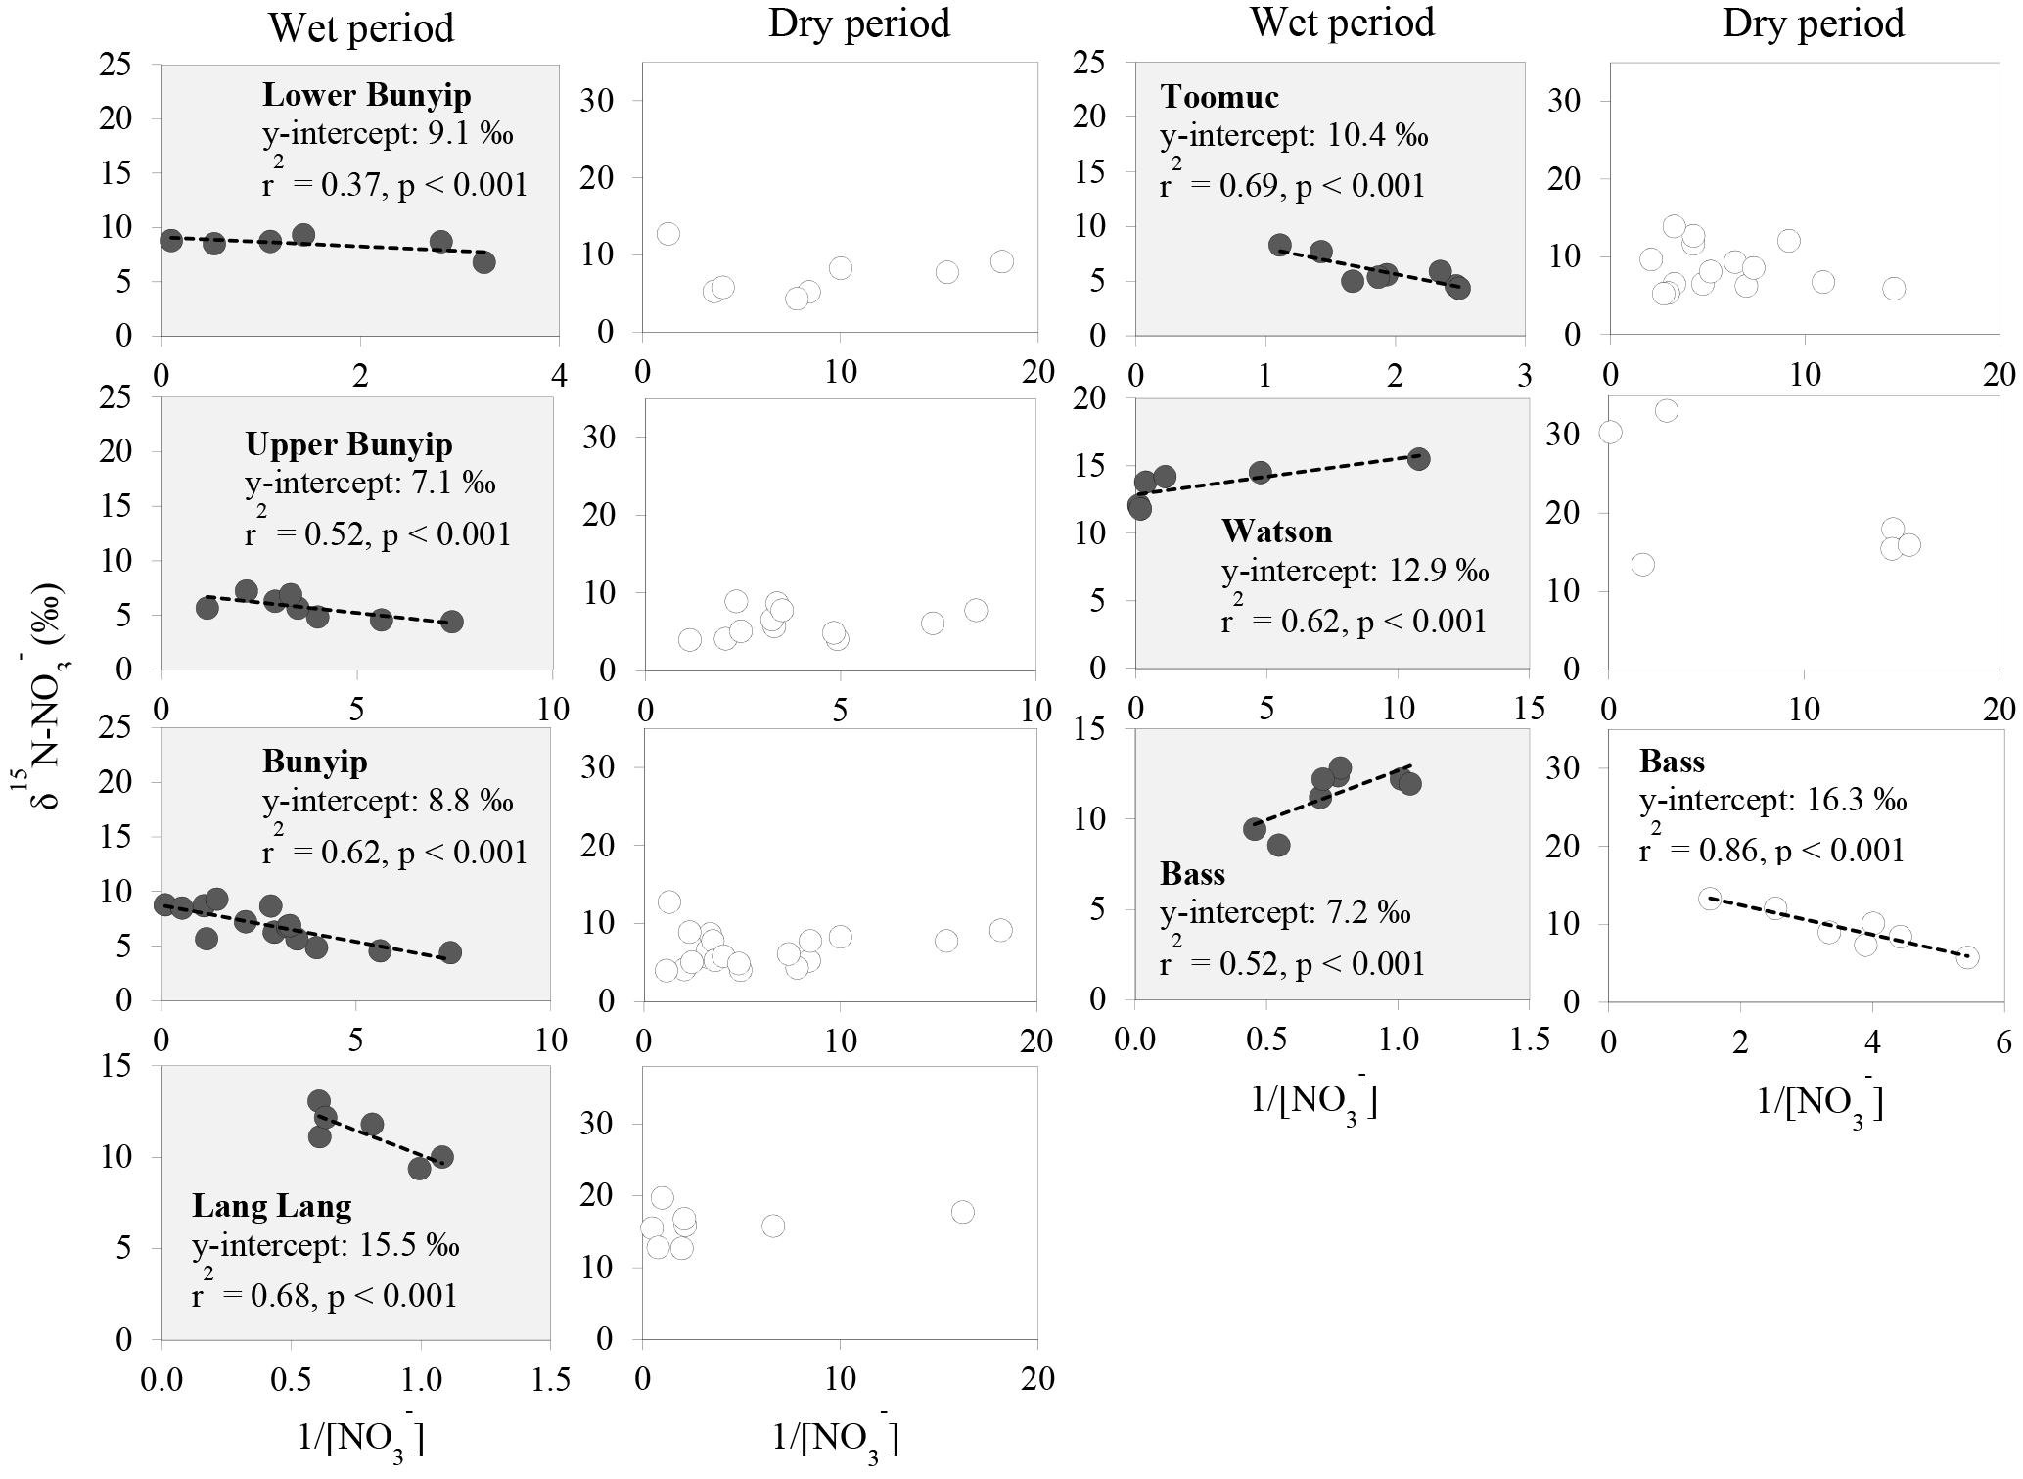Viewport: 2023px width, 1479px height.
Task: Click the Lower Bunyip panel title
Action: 366,95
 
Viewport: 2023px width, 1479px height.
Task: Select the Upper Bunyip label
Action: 348,444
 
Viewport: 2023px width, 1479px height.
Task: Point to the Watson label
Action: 1276,532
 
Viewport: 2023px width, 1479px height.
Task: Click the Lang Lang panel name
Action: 271,1206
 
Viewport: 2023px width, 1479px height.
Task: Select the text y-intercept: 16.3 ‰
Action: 1772,801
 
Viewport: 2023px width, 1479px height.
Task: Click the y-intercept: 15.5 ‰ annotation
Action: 325,1246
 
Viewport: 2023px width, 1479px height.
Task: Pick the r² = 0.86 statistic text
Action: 1772,850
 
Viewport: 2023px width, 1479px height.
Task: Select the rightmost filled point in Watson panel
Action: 1418,459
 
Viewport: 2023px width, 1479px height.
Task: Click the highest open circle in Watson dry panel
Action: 1666,411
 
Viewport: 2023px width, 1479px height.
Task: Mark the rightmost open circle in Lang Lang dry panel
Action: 962,1212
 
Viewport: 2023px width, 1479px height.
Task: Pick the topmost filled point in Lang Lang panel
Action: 319,1101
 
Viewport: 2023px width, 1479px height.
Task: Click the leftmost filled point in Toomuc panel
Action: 1279,245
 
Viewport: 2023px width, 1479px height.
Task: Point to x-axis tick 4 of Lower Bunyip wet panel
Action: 559,377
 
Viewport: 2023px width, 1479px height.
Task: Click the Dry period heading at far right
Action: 1813,23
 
